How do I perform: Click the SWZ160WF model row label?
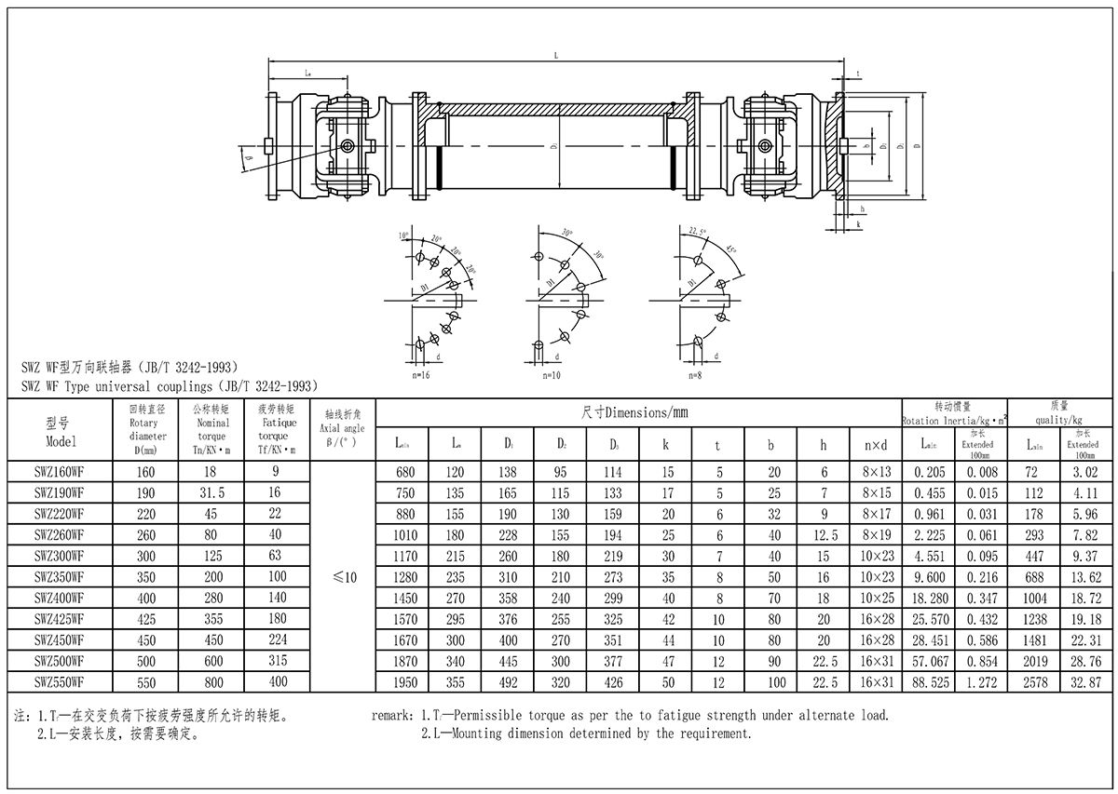pyautogui.click(x=59, y=472)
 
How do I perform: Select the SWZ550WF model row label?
pyautogui.click(x=59, y=682)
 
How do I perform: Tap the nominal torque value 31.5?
pyautogui.click(x=211, y=492)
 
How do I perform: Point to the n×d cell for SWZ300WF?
pyautogui.click(x=876, y=556)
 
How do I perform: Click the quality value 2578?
pyautogui.click(x=1035, y=682)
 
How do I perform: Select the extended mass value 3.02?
pyautogui.click(x=1085, y=472)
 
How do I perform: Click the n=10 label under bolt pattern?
pyautogui.click(x=552, y=375)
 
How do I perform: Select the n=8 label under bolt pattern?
pyautogui.click(x=694, y=375)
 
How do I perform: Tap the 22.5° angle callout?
pyautogui.click(x=698, y=230)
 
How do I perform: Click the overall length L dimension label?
pyautogui.click(x=555, y=57)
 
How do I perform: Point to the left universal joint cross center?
pyautogui.click(x=347, y=147)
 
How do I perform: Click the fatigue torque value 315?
pyautogui.click(x=276, y=661)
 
